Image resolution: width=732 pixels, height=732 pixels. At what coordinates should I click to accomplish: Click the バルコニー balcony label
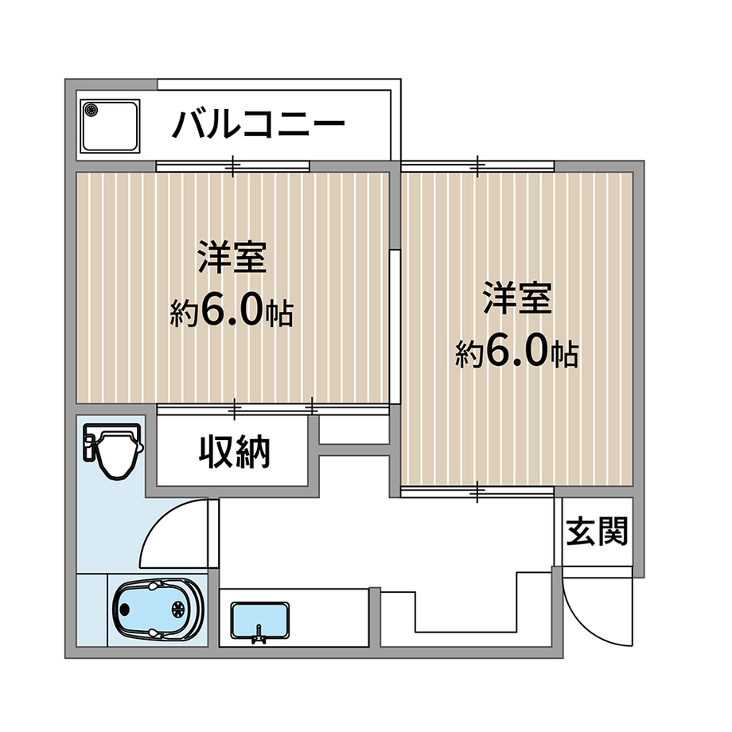pyautogui.click(x=259, y=124)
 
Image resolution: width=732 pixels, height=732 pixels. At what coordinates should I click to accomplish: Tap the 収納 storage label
pyautogui.click(x=235, y=451)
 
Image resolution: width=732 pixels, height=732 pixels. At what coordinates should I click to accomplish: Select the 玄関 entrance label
pyautogui.click(x=597, y=531)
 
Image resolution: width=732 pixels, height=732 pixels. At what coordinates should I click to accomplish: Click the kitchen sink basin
pyautogui.click(x=260, y=620)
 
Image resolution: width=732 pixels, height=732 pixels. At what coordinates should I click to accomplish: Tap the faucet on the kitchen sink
pyautogui.click(x=258, y=636)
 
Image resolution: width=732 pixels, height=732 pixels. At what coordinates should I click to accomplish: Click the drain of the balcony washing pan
pyautogui.click(x=91, y=110)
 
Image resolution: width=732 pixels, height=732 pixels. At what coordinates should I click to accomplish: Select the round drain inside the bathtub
pyautogui.click(x=179, y=609)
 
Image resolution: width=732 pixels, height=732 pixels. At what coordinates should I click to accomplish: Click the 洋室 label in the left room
pyautogui.click(x=232, y=257)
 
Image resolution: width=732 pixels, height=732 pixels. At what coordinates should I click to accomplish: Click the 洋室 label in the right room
pyautogui.click(x=517, y=298)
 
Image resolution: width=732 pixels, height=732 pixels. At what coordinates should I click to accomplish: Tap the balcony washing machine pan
pyautogui.click(x=110, y=126)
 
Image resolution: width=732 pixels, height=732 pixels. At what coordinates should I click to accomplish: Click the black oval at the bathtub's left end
pyautogui.click(x=124, y=609)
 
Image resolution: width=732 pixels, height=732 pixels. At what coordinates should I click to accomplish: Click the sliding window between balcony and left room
pyautogui.click(x=232, y=166)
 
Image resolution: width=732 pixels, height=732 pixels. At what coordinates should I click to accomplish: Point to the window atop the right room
pyautogui.click(x=477, y=166)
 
